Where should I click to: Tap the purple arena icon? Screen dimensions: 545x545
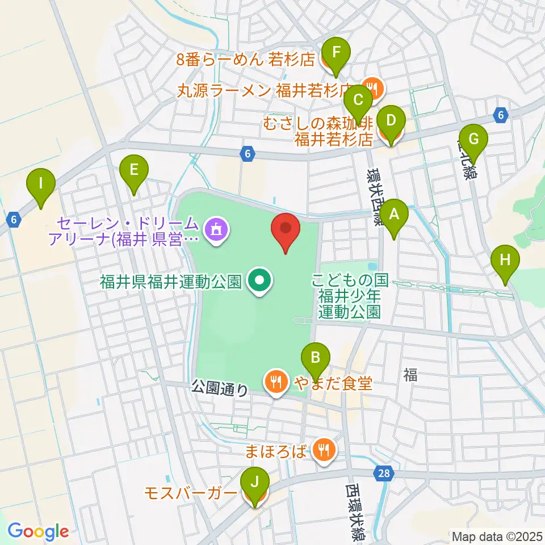coord(216,230)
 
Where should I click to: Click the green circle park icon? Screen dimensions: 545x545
coord(259,280)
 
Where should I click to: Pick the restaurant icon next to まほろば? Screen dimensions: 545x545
coord(324,451)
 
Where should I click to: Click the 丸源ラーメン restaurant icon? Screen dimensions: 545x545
coord(372,87)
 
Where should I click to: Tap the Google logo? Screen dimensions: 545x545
coord(38,531)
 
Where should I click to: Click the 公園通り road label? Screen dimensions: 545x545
coord(220,389)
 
